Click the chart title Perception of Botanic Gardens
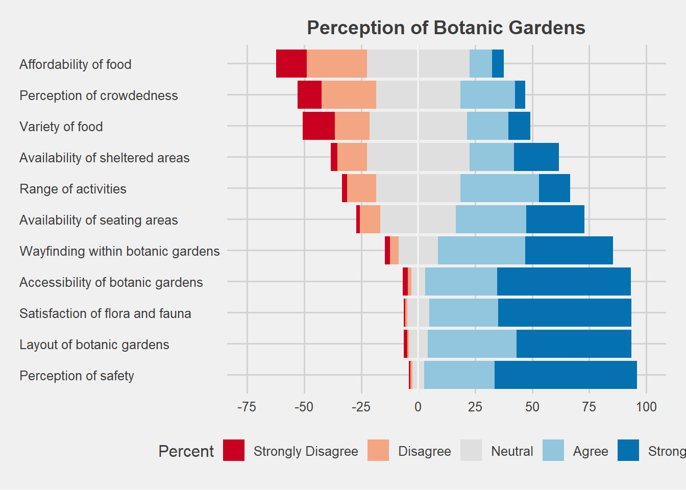click(x=446, y=28)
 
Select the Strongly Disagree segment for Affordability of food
click(x=291, y=64)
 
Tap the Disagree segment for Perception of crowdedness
click(x=349, y=95)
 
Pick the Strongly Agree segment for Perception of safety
click(x=566, y=375)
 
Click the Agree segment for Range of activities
click(x=499, y=188)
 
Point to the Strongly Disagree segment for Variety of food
click(x=318, y=126)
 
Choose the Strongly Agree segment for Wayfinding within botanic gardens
click(x=569, y=251)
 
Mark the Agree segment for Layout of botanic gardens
click(x=472, y=344)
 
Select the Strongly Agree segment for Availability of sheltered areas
click(x=536, y=157)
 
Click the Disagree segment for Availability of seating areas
click(x=370, y=219)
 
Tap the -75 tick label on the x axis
click(x=247, y=407)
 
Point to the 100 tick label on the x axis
click(x=646, y=407)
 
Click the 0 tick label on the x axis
click(x=418, y=407)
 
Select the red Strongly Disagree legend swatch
click(x=234, y=451)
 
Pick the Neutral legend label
click(x=512, y=451)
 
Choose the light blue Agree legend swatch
click(x=553, y=451)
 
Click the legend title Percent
click(x=186, y=451)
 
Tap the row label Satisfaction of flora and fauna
click(x=105, y=313)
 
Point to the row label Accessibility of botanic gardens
click(x=111, y=282)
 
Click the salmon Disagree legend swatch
click(x=378, y=451)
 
